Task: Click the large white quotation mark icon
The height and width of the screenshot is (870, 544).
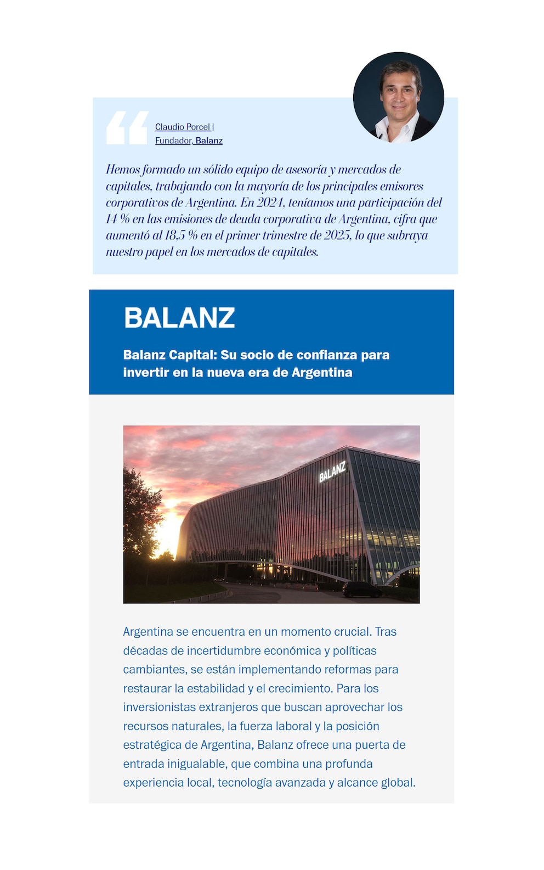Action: pyautogui.click(x=127, y=128)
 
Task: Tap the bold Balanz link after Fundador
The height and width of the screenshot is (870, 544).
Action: pyautogui.click(x=209, y=141)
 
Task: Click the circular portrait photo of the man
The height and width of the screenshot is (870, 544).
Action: pyautogui.click(x=398, y=97)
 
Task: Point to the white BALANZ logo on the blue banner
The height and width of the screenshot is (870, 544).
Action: pyautogui.click(x=179, y=317)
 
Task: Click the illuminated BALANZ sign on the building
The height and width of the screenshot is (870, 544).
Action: pyautogui.click(x=332, y=472)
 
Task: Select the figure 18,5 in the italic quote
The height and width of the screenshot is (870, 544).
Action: pyautogui.click(x=175, y=235)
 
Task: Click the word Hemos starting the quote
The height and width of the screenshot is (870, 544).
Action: pyautogui.click(x=123, y=170)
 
